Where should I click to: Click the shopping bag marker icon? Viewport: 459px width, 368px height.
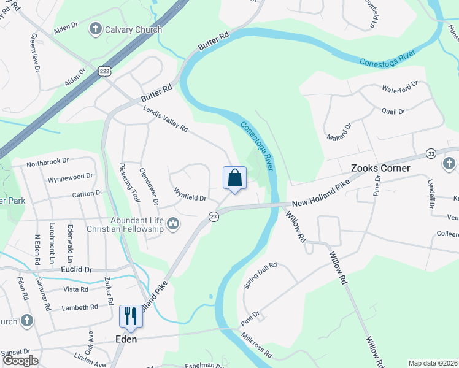point(234,178)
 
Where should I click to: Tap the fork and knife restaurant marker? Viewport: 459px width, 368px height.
point(130,316)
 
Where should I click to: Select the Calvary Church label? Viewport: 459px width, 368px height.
point(133,29)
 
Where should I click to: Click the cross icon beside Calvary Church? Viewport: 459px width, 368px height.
point(95,28)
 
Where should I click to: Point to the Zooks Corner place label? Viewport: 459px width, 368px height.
point(380,168)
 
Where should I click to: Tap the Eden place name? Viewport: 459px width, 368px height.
point(126,339)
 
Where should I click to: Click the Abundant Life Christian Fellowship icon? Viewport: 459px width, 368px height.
point(173,224)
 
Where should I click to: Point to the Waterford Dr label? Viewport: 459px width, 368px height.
point(399,86)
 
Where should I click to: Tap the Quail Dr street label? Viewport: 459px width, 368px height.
point(393,112)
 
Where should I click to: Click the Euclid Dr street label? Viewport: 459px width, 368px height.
point(75,269)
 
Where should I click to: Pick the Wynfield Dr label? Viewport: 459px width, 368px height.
point(190,197)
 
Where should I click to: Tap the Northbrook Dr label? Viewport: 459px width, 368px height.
point(48,164)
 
